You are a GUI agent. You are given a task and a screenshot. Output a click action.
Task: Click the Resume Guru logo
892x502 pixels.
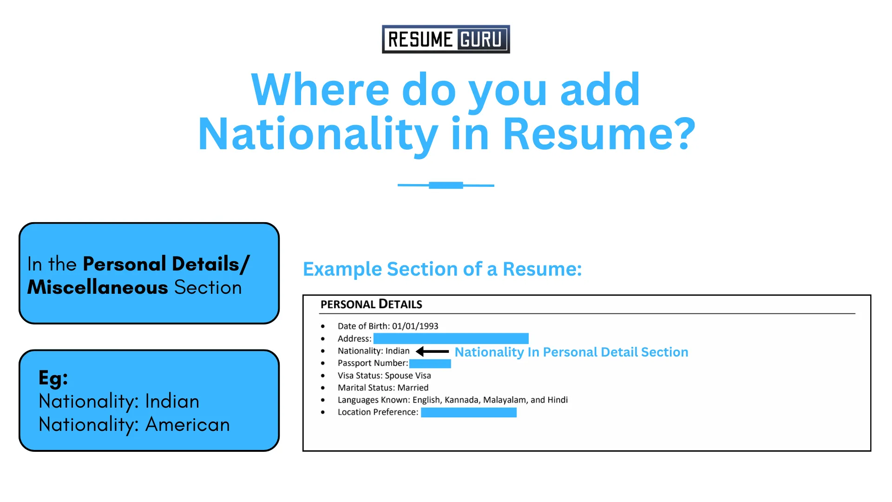click(x=446, y=40)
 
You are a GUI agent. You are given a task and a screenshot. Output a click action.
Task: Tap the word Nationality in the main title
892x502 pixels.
click(x=318, y=135)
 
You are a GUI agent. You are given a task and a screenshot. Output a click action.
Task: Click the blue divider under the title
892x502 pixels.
click(x=446, y=185)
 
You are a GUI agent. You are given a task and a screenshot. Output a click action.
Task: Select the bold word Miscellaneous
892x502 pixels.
click(x=98, y=287)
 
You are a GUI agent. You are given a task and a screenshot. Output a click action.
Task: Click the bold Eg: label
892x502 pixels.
click(x=53, y=378)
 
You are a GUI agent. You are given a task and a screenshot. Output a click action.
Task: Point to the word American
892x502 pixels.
click(x=188, y=425)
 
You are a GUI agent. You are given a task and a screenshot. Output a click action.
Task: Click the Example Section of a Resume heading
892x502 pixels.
click(x=442, y=269)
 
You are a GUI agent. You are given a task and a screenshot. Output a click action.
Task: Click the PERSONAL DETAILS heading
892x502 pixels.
click(x=371, y=304)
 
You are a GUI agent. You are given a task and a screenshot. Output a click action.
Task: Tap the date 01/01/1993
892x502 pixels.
click(x=415, y=326)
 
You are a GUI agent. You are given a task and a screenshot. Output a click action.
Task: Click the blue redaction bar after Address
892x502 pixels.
click(x=451, y=338)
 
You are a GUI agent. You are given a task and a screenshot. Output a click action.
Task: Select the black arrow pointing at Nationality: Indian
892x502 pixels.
click(x=432, y=351)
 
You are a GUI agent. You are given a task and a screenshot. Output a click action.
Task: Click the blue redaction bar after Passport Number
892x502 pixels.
click(x=430, y=363)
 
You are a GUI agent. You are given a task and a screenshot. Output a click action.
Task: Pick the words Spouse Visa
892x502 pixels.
click(x=407, y=376)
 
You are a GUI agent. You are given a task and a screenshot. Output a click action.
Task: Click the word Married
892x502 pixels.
click(x=413, y=388)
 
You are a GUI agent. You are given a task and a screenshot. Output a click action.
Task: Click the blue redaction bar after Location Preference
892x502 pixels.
click(x=468, y=412)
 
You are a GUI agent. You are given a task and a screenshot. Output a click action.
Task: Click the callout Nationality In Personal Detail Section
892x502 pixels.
click(x=571, y=352)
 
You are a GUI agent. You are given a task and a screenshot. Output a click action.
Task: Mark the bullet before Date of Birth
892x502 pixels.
click(x=323, y=326)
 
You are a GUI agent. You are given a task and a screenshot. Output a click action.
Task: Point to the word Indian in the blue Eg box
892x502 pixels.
click(x=172, y=402)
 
